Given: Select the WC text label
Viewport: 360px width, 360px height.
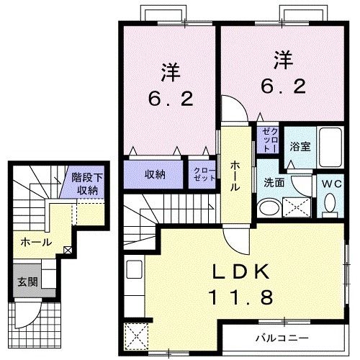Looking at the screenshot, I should click(330, 183).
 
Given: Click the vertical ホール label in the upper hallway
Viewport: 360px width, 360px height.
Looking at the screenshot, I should click(235, 175).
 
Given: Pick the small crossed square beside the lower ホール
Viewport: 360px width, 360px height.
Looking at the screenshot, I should click(68, 251).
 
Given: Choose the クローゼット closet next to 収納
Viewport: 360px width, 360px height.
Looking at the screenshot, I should click(201, 174).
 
